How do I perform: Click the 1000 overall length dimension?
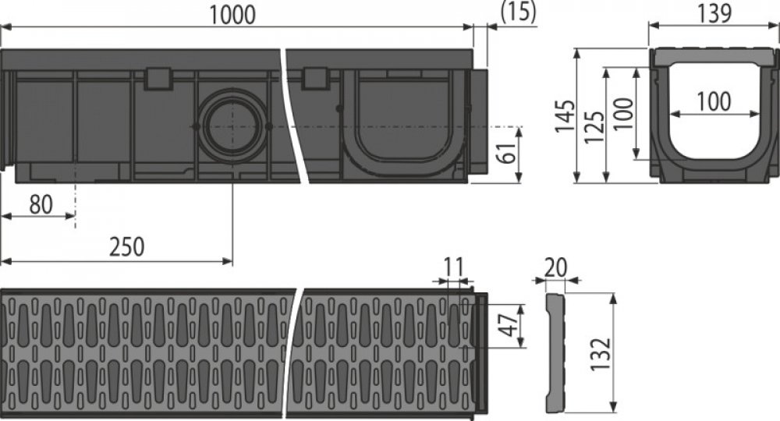(236, 15)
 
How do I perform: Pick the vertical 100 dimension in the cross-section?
(622, 113)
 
